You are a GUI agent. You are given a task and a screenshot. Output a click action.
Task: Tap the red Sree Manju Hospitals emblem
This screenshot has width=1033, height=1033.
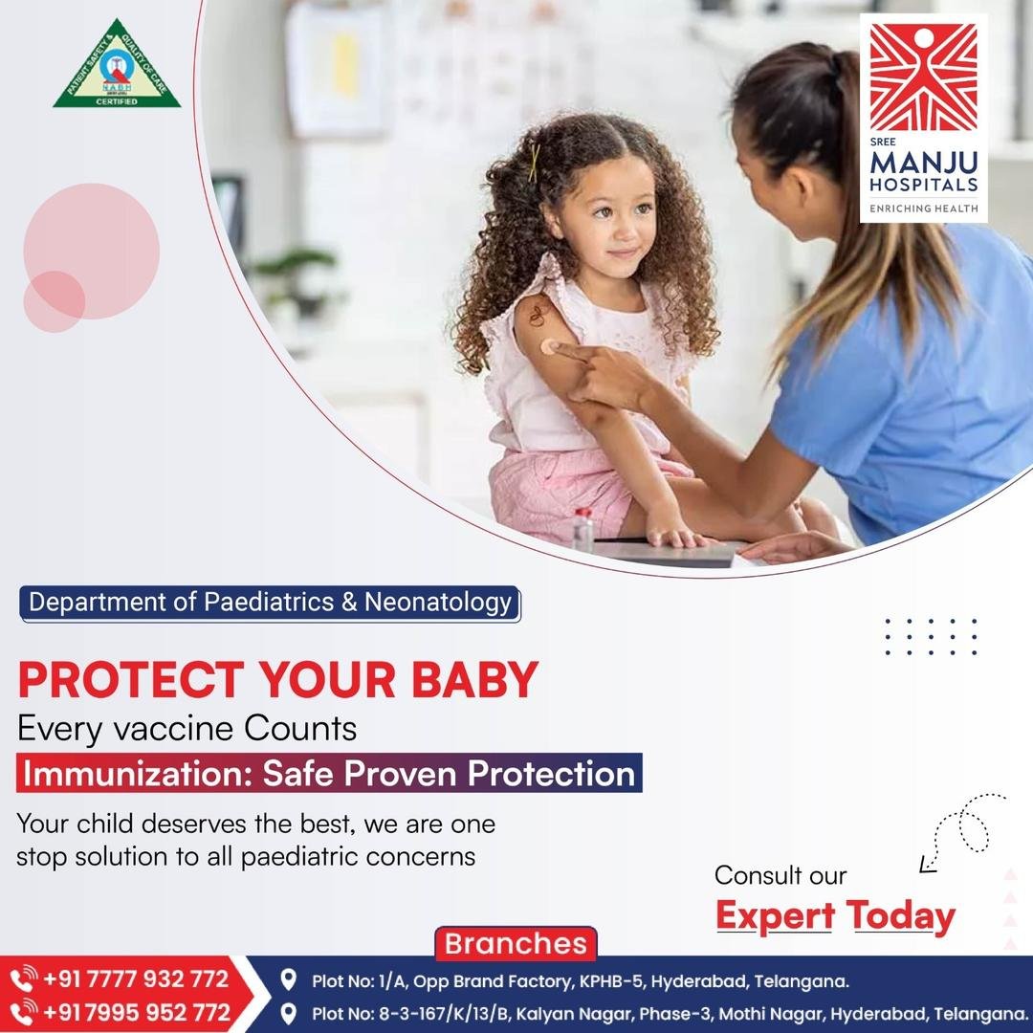pyautogui.click(x=924, y=77)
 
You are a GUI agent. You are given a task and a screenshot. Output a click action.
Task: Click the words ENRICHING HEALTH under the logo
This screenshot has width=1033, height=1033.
pyautogui.click(x=924, y=209)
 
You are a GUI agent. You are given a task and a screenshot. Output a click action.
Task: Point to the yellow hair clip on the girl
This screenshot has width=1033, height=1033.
pyautogui.click(x=534, y=163)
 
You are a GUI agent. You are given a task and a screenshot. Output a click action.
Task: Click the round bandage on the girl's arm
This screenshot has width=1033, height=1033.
pyautogui.click(x=549, y=346)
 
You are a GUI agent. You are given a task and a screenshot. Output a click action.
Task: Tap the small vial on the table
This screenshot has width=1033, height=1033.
pyautogui.click(x=582, y=529)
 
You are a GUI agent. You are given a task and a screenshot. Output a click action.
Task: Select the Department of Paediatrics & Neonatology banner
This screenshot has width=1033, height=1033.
pyautogui.click(x=270, y=604)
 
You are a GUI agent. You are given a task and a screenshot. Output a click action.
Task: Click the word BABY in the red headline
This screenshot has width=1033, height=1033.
pyautogui.click(x=475, y=679)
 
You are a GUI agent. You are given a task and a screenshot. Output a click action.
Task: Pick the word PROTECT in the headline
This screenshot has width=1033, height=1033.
pyautogui.click(x=131, y=679)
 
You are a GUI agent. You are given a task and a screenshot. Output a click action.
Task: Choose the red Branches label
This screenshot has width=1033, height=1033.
pyautogui.click(x=516, y=943)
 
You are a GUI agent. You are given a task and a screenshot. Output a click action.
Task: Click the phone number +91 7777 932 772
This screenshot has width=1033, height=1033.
pyautogui.click(x=136, y=979)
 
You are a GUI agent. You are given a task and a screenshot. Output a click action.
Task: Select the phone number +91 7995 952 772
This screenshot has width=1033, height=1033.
pyautogui.click(x=137, y=1013)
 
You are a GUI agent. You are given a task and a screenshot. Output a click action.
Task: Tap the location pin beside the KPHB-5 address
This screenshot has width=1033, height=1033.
pyautogui.click(x=288, y=979)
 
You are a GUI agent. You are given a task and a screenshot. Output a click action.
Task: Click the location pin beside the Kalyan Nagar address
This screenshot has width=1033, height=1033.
pyautogui.click(x=288, y=1013)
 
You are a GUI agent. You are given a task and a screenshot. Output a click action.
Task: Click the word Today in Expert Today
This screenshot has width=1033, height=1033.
pyautogui.click(x=901, y=916)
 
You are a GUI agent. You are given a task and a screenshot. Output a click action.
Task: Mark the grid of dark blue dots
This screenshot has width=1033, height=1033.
pyautogui.click(x=931, y=636)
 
